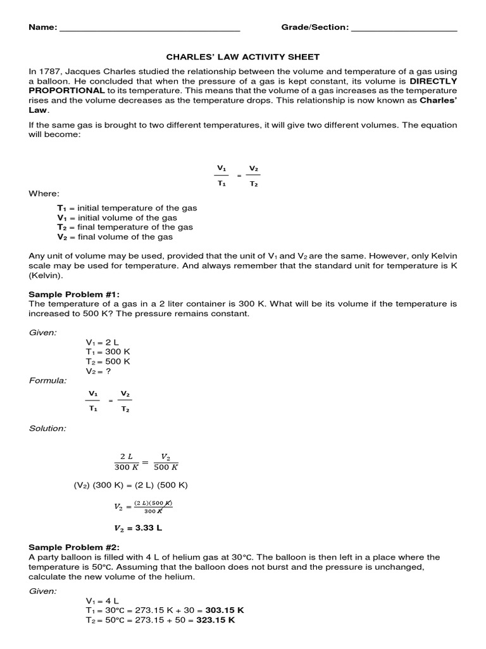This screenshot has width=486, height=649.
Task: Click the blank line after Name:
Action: tap(149, 29)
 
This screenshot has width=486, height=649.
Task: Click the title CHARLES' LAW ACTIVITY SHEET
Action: tap(243, 57)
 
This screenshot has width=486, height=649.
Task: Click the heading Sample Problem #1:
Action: tap(74, 295)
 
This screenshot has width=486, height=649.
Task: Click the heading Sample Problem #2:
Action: tap(74, 548)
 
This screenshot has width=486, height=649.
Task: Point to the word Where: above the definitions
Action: tap(44, 193)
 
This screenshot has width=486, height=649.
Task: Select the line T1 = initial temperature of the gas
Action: tap(127, 208)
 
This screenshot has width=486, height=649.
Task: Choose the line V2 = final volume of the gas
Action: tap(115, 236)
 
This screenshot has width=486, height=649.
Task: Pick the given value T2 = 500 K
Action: tap(108, 361)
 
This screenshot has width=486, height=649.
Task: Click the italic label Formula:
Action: tap(47, 380)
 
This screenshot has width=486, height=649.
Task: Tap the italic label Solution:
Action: tap(47, 428)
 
